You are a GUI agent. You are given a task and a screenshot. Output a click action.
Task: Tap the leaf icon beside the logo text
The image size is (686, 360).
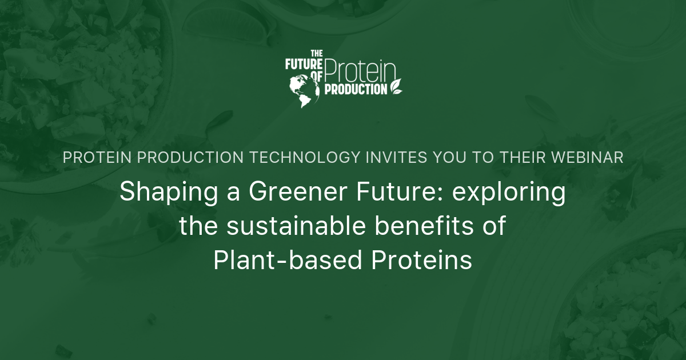pyautogui.click(x=396, y=86)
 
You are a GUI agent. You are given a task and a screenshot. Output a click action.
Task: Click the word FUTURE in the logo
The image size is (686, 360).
pyautogui.click(x=304, y=64)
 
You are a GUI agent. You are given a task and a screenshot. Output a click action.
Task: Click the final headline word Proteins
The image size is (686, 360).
pyautogui.click(x=422, y=261)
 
